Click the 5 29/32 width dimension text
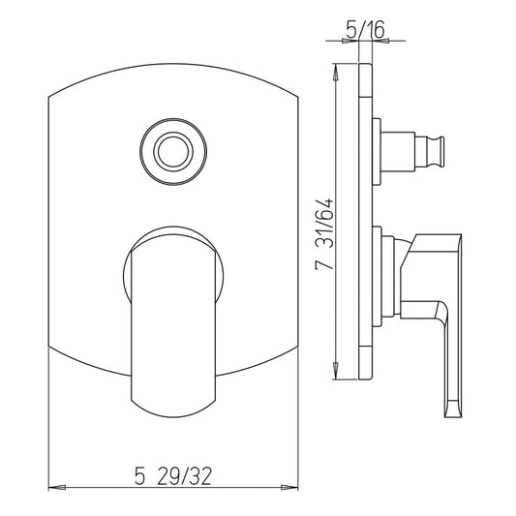tap(172, 476)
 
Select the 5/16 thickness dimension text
tap(365, 29)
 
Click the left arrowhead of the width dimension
tap(57, 487)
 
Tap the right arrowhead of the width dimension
tap(289, 487)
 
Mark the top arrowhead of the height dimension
tap(335, 72)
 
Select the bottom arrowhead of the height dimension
tap(335, 371)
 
